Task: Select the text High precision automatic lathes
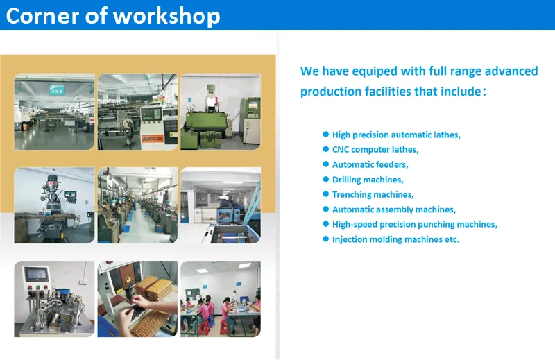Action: [395, 135]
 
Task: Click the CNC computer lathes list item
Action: [375, 150]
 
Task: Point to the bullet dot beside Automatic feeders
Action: [325, 164]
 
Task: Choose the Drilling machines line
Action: [367, 180]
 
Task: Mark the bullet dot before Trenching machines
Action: [325, 194]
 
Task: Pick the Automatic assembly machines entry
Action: [393, 209]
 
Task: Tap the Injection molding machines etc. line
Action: [395, 239]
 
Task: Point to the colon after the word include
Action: [484, 92]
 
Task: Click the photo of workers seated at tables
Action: [220, 299]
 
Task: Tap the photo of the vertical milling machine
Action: [54, 205]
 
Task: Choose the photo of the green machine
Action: [220, 112]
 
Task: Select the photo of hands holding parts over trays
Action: [137, 299]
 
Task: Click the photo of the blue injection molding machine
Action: [220, 205]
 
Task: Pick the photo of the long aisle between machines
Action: [137, 205]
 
